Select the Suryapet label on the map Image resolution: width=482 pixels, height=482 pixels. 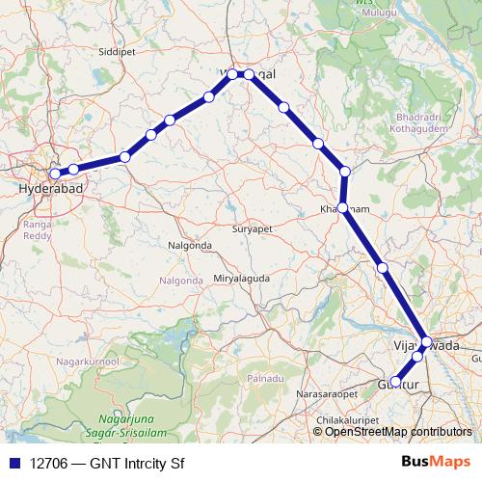point(254,230)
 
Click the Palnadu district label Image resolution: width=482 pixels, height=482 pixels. point(263,381)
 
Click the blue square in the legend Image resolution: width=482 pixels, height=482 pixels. point(13,462)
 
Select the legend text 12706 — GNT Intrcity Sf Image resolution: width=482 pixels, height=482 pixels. point(107,462)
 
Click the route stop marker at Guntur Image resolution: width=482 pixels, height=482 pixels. point(395,382)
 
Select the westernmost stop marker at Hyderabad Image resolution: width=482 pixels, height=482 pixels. point(55,174)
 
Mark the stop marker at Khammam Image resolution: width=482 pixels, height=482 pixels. point(342,207)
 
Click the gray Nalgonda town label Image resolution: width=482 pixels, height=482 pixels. point(189,245)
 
